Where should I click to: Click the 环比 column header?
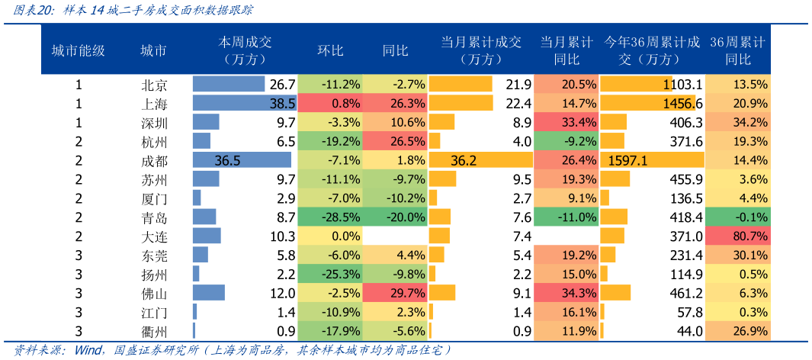pos(330,50)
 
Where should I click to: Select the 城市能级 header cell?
pos(78,50)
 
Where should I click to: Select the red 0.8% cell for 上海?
pos(329,103)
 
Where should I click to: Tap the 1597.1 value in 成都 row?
pos(628,160)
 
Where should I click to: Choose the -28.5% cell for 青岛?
pos(329,217)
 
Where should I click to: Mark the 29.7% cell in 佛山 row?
pos(395,293)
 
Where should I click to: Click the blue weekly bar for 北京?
pos(228,85)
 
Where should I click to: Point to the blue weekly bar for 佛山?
pos(208,293)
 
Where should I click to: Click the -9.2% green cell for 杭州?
pos(566,141)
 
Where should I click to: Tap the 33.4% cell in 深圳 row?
pos(566,122)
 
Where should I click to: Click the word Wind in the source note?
pos(89,350)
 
